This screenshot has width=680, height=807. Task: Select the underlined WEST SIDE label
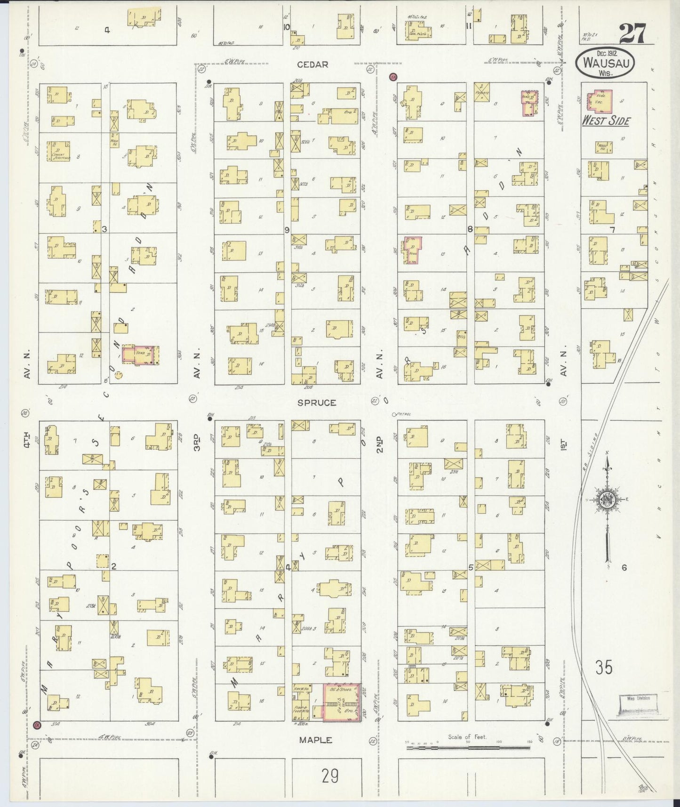(x=606, y=121)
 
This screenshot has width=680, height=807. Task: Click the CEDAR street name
(x=313, y=65)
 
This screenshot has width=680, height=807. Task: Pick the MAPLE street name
(x=316, y=740)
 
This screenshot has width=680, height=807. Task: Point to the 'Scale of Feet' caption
(x=467, y=737)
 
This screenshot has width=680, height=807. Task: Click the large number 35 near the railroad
(x=604, y=667)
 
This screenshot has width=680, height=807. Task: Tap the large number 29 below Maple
(x=330, y=775)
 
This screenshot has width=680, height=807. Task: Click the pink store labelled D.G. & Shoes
(x=342, y=702)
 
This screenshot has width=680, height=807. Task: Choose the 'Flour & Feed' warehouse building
(x=300, y=711)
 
